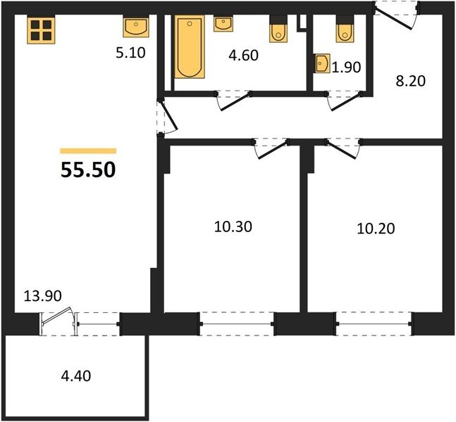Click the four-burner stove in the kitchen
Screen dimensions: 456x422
41,30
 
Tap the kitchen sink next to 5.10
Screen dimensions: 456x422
136,27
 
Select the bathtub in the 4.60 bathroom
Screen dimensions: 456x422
190,46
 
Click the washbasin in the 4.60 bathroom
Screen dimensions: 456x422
223,24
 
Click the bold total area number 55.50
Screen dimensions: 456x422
88,170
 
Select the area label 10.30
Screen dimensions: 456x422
233,226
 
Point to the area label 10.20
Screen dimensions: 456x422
376,229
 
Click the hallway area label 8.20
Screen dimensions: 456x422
410,81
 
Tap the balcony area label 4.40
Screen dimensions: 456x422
76,376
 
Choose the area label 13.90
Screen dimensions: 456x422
43,295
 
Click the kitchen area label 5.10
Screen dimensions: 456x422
130,53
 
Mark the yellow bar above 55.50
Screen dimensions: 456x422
88,151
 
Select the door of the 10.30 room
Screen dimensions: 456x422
271,149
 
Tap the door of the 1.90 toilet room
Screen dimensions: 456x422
344,101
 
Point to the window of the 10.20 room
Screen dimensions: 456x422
374,324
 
